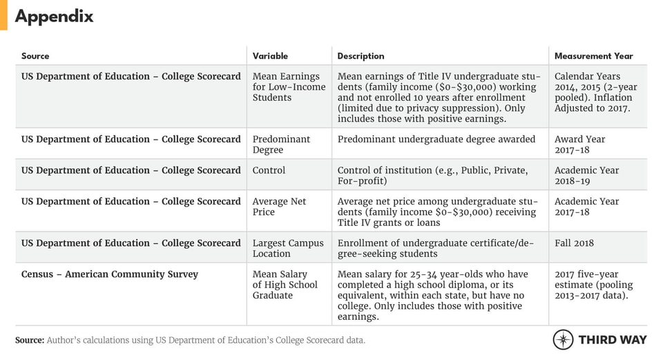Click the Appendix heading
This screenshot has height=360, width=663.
coord(54,17)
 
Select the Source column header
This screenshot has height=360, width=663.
coord(35,56)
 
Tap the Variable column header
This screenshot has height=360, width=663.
coord(270,56)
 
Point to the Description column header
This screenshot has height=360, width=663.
coord(361,56)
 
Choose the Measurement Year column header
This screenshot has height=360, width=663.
coord(593,56)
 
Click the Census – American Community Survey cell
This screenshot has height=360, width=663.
coord(110,274)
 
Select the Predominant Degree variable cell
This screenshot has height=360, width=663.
coord(281,144)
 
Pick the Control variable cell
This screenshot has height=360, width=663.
coord(269,170)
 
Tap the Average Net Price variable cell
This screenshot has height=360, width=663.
coord(279,207)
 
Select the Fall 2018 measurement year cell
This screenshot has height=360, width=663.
coord(574,243)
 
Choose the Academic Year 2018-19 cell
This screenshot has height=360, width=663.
coord(586,176)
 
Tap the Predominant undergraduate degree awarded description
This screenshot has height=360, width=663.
coord(436,139)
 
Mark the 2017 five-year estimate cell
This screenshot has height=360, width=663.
coord(593,285)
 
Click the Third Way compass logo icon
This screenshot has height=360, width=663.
coord(563,340)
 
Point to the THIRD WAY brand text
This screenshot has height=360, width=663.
coord(613,340)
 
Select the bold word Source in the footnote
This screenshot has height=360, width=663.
coord(30,340)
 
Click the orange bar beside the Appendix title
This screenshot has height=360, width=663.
coord(3,15)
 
